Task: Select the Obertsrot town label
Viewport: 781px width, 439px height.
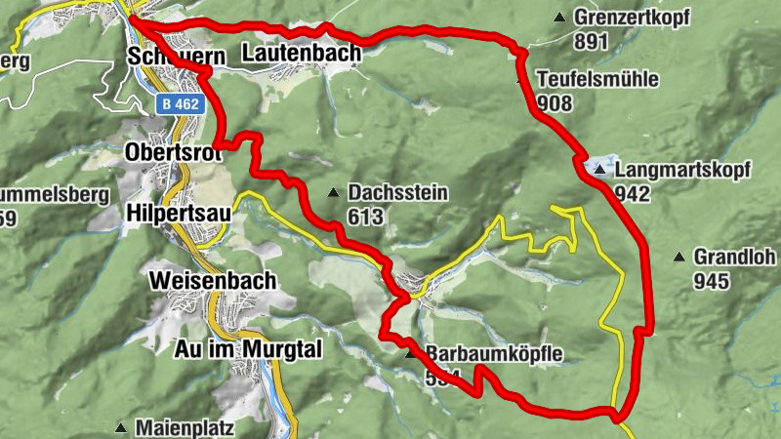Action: coord(174,152)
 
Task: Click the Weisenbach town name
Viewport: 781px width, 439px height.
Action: coord(213,280)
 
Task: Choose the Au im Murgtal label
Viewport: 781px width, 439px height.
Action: coord(249,348)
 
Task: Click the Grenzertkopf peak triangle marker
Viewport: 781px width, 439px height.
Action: coord(559,18)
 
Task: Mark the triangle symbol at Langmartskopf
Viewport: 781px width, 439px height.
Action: coord(599,170)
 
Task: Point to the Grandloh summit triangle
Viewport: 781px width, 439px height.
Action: coord(678,258)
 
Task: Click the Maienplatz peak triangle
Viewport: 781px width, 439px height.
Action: coord(121,427)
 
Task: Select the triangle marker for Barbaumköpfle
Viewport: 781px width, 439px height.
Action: coord(410,355)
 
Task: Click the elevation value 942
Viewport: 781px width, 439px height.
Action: coord(633,193)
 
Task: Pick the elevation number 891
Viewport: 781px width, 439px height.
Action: coord(592,42)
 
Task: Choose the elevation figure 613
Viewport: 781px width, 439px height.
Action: coord(365,217)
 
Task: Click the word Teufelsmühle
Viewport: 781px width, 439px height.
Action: coord(597,79)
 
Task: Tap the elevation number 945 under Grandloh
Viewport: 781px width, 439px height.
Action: coord(712,281)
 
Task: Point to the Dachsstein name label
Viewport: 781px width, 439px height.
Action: coord(397,193)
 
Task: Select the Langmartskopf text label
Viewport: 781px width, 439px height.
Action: coord(683,170)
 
